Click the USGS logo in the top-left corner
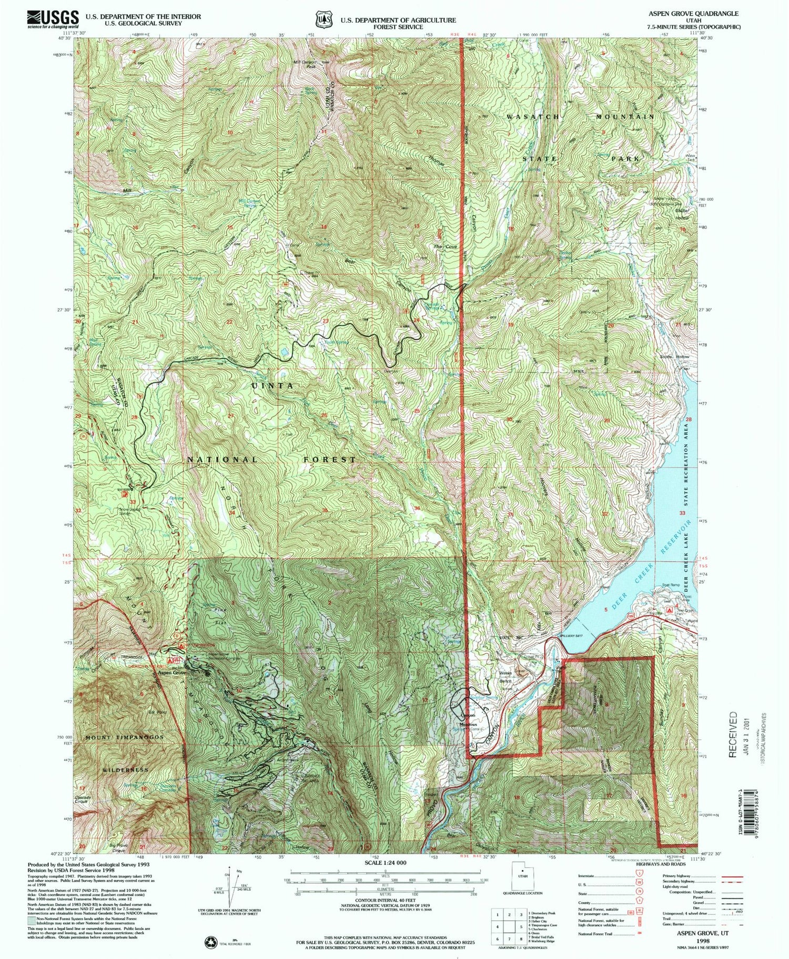click(53, 19)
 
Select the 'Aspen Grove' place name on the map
click(170, 673)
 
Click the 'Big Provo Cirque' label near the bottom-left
click(118, 847)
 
